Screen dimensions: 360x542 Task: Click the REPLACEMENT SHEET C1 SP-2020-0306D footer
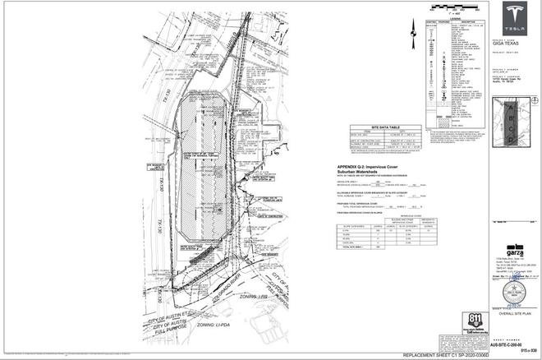point(444,354)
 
